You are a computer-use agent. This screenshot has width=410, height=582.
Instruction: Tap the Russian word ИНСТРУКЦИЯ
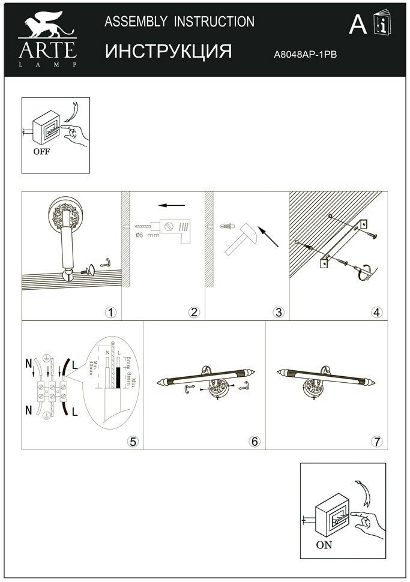[x=168, y=52]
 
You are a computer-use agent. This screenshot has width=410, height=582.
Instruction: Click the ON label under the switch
[x=324, y=547]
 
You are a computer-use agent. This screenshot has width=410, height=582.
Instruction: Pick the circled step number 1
[x=110, y=312]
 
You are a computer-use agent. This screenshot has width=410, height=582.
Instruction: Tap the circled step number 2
[x=193, y=312]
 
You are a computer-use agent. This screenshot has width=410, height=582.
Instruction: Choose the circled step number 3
[x=278, y=312]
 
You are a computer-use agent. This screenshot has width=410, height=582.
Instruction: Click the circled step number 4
[x=376, y=312]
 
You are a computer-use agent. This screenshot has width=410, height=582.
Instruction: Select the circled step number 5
[x=133, y=442]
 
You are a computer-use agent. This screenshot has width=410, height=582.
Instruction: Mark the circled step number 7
[x=376, y=442]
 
